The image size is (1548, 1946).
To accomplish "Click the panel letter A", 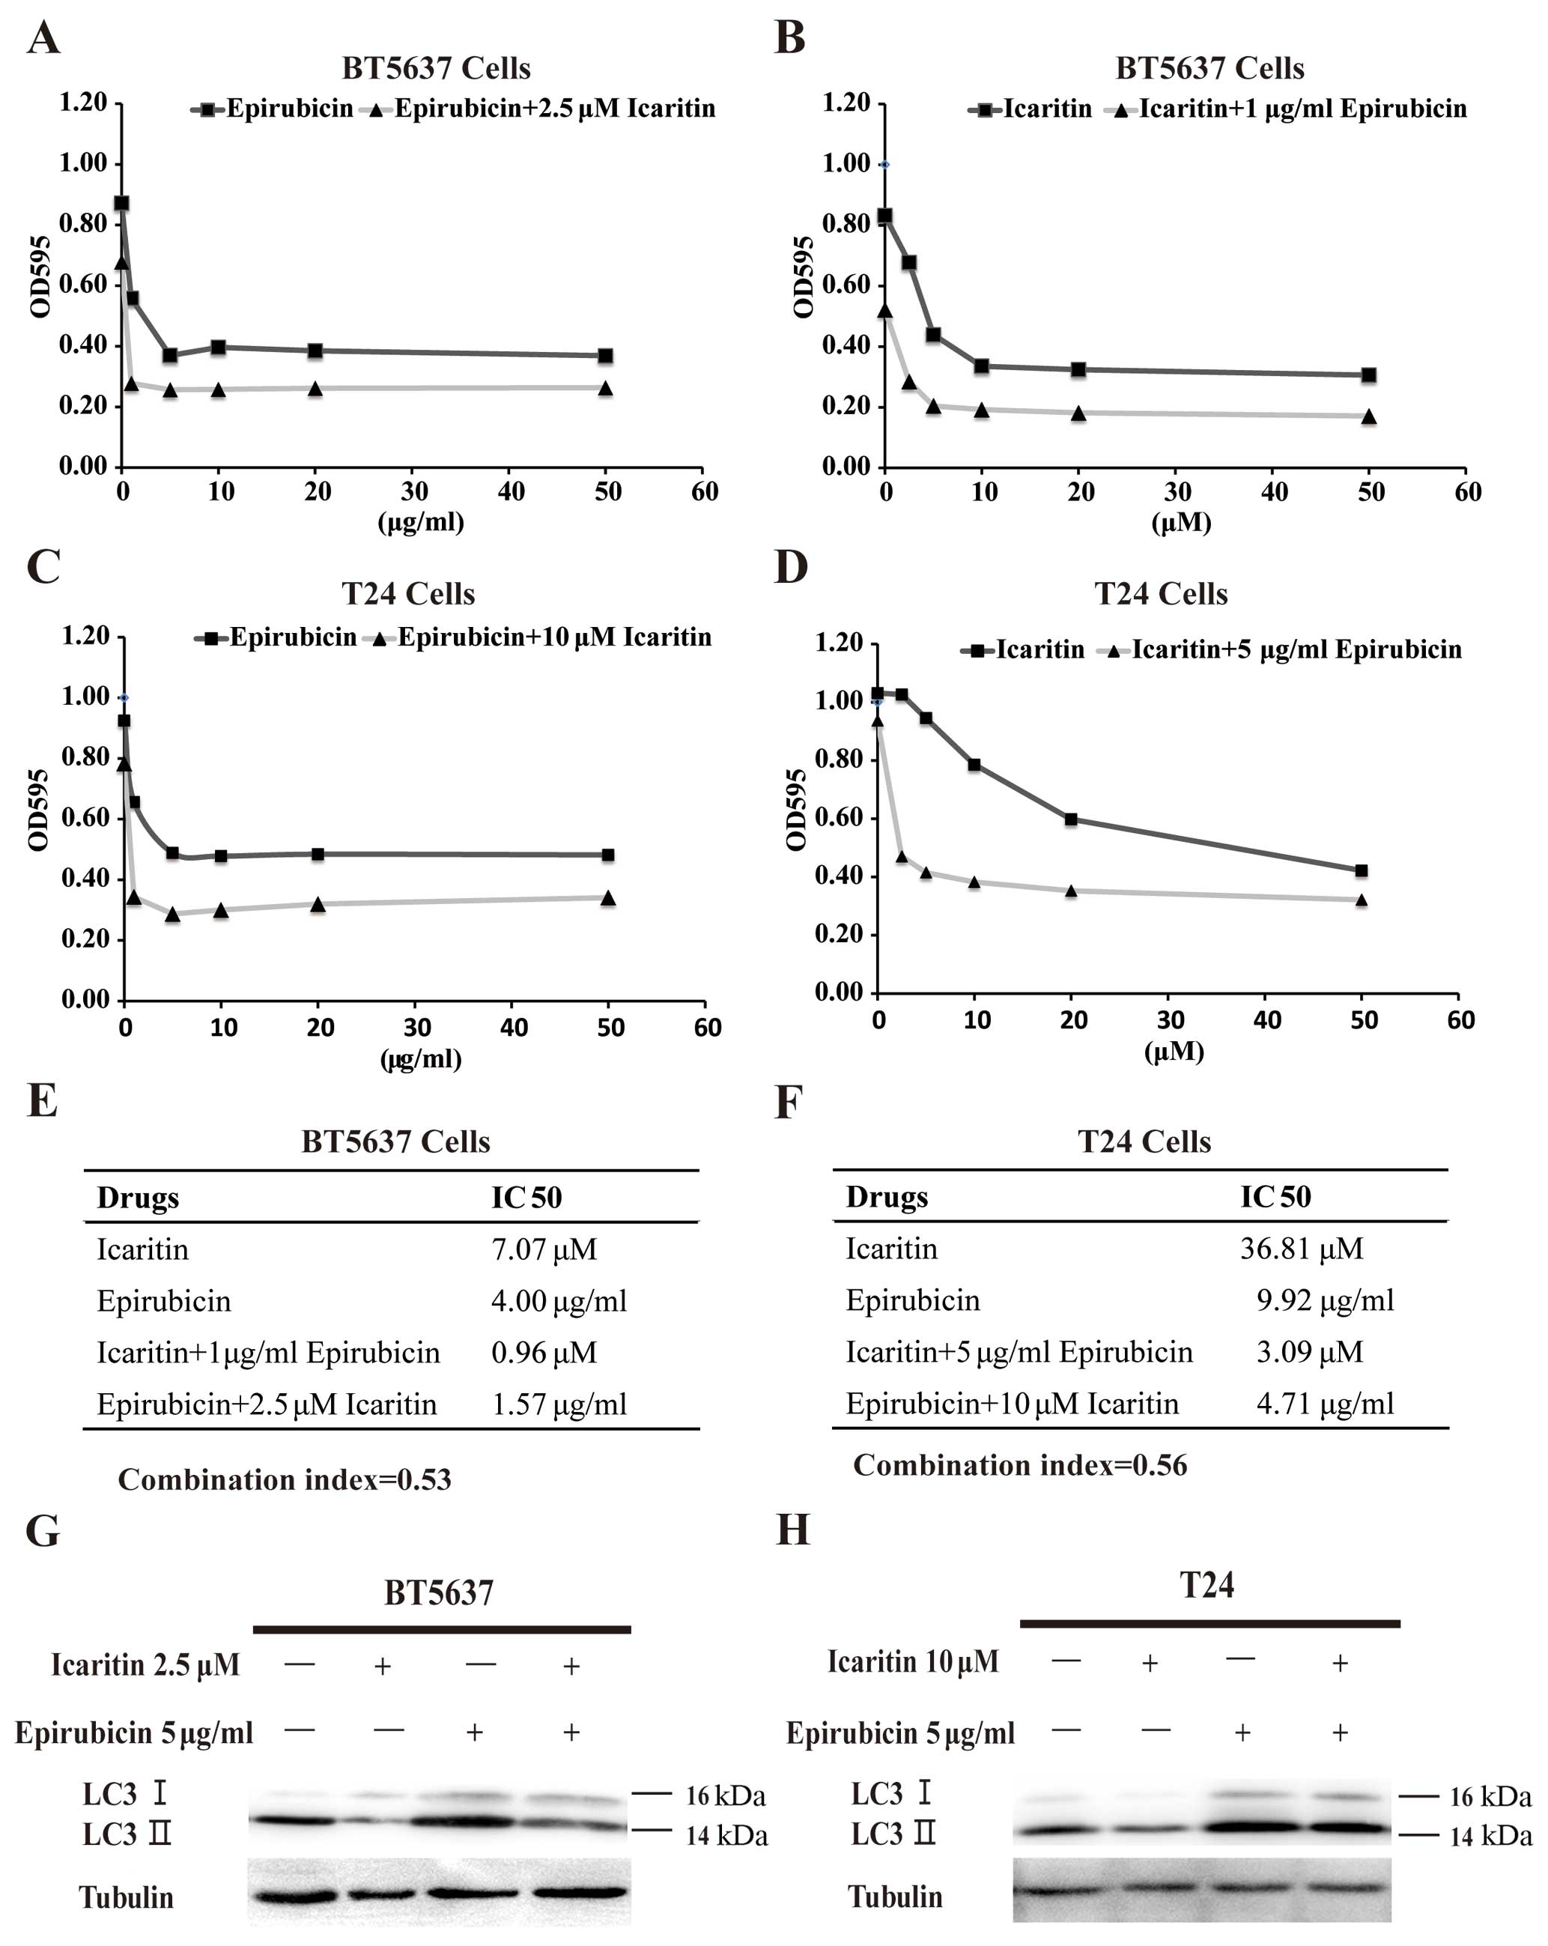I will [x=43, y=39].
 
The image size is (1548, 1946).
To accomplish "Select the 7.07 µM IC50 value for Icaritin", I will [x=544, y=1249].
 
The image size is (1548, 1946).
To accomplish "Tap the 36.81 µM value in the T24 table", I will [x=1301, y=1249].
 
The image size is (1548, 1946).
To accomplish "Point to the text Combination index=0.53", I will [x=285, y=1479].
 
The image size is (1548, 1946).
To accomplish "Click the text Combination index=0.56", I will [x=1020, y=1465].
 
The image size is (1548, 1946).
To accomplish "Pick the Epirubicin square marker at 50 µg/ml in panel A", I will [x=606, y=356].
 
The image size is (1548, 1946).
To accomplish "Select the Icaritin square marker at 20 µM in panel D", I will [x=1070, y=819].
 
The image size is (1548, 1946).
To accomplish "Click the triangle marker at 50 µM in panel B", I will [x=1369, y=417].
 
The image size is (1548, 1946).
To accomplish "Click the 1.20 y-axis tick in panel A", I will [x=83, y=102].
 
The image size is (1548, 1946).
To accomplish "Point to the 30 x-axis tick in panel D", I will [x=1170, y=1020].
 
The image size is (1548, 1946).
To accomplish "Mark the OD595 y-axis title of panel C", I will [x=38, y=810].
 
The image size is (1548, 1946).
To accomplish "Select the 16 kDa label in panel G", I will [x=725, y=1796].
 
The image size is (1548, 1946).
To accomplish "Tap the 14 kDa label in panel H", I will [x=1490, y=1836].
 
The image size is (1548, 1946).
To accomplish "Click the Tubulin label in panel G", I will [x=127, y=1897].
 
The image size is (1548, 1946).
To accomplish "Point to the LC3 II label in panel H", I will [x=893, y=1834].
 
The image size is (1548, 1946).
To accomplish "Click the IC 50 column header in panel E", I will [x=526, y=1198].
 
